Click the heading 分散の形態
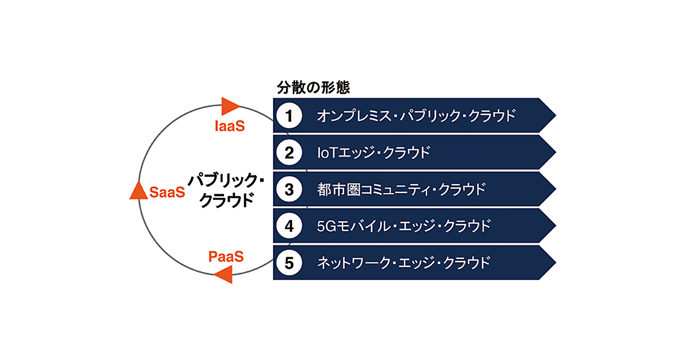pos(313,88)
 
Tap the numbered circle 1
pos(289,116)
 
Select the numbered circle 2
pos(289,153)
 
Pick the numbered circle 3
pos(289,189)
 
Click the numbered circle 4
pos(289,226)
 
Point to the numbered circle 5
pos(289,262)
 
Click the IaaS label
pos(229,126)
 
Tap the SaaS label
pos(167,192)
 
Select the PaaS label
pos(226,257)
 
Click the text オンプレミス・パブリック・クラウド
pos(416,116)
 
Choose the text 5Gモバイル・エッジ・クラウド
pos(404,226)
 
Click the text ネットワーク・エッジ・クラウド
pos(404,262)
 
